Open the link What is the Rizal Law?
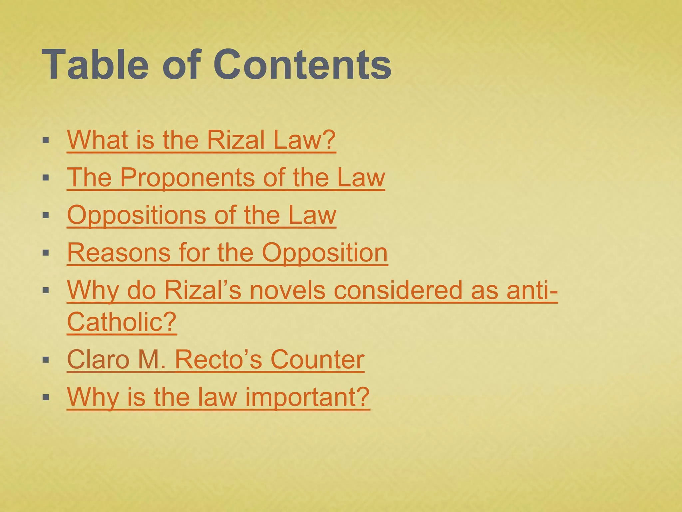coord(201,140)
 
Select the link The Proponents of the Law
coord(226,177)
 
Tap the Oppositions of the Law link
coord(201,215)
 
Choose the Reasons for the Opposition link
coord(227,253)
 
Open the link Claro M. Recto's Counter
coord(215,360)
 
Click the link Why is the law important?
coord(218,397)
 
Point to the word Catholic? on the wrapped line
coord(122,322)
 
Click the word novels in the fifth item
coord(287,290)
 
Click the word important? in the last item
coord(307,397)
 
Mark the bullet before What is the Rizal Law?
coord(46,140)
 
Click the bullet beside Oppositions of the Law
coord(46,215)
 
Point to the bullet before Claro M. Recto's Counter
coord(46,360)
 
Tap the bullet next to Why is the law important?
coord(46,397)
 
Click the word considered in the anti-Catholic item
coord(398,290)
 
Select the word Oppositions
coord(137,215)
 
